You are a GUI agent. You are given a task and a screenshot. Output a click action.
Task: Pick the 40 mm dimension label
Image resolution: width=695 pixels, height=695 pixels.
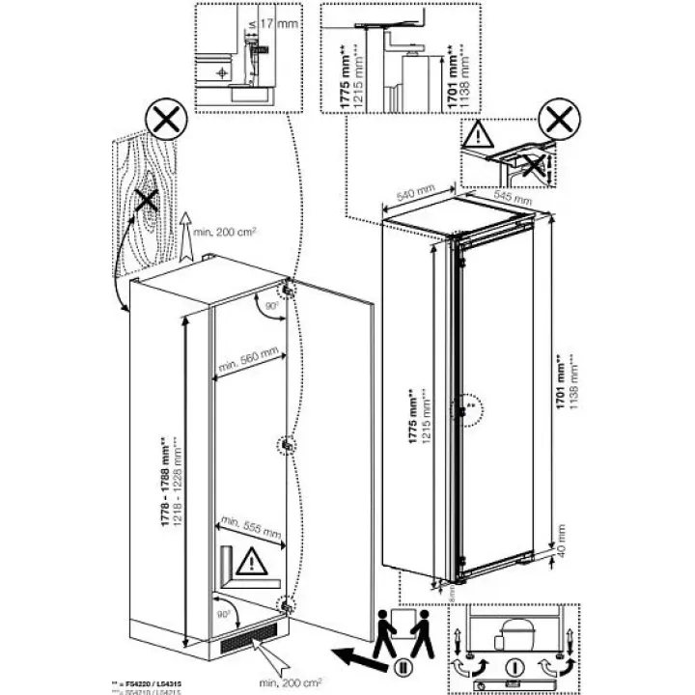[563, 532]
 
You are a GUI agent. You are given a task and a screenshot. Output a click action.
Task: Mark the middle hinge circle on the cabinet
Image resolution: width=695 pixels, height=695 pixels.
[288, 444]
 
